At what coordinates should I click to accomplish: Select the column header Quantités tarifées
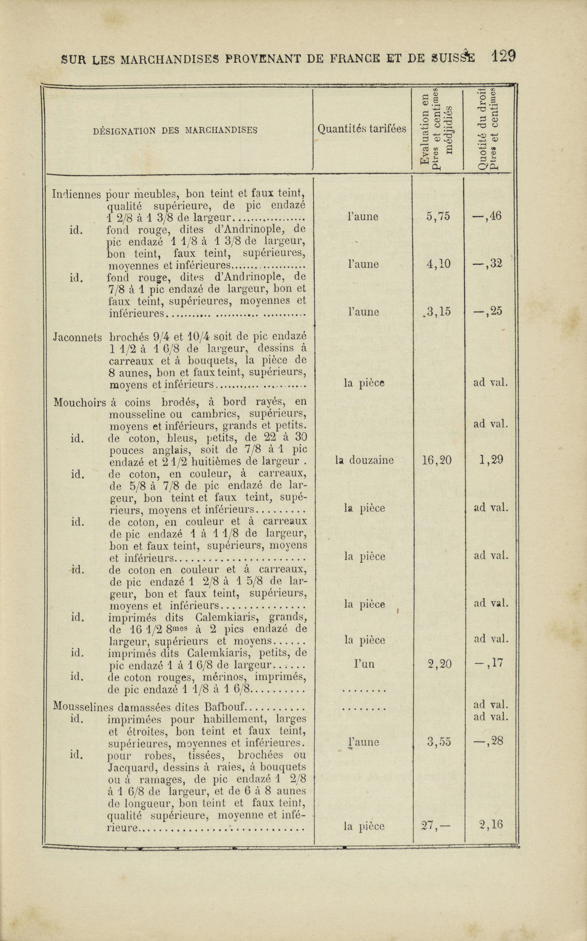click(362, 129)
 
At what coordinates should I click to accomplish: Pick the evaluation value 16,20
click(436, 460)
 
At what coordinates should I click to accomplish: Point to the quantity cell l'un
click(364, 664)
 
